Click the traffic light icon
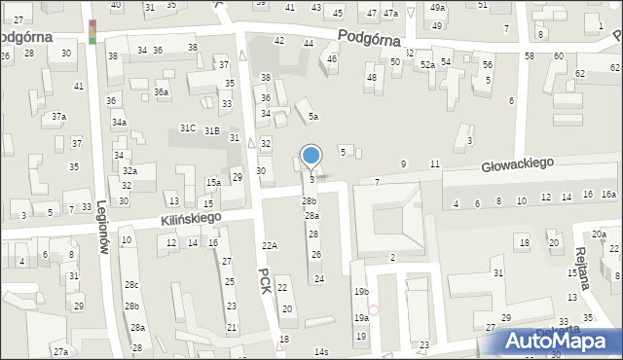[92, 31]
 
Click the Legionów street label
[101, 228]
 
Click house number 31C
[188, 128]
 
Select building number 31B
[211, 130]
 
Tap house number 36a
[160, 92]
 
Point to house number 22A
[270, 246]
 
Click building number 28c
[131, 284]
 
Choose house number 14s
[321, 351]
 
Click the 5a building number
[312, 117]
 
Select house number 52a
[427, 64]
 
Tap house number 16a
[608, 195]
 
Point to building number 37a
[59, 117]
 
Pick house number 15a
[212, 182]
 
